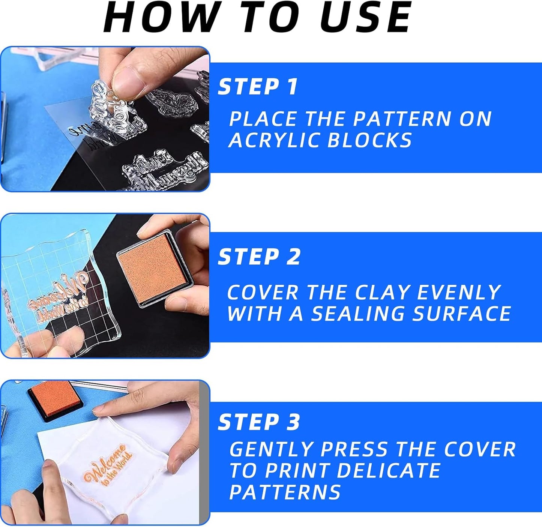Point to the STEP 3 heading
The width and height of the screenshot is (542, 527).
pyautogui.click(x=259, y=422)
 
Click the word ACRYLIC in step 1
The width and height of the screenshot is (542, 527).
pyautogui.click(x=275, y=140)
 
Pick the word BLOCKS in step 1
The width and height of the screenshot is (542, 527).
pyautogui.click(x=369, y=140)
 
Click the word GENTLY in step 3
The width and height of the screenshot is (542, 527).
pyautogui.click(x=271, y=449)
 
